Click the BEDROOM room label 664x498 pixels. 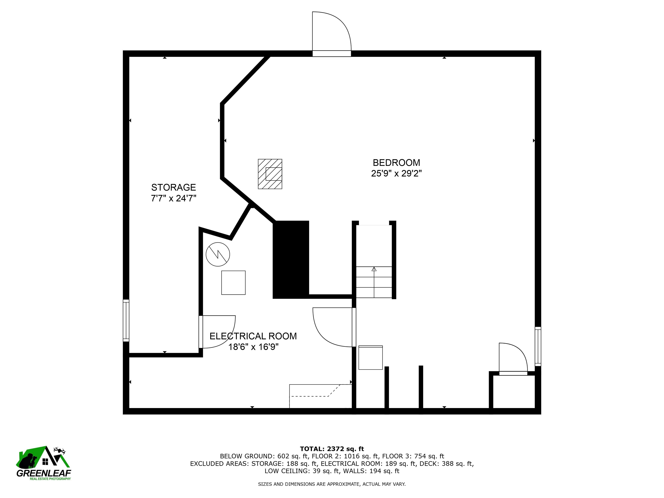[396, 163]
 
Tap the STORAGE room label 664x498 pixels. [174, 187]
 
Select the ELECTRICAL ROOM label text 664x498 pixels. [253, 336]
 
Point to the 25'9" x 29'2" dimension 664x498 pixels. [396, 174]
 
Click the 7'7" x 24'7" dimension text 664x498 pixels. [174, 198]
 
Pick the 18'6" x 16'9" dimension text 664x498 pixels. [253, 347]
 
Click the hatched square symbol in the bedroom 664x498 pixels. [270, 174]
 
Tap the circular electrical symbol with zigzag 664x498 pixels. [218, 254]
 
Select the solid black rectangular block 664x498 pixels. [290, 260]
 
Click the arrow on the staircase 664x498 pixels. [374, 269]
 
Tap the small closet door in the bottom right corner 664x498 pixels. [513, 359]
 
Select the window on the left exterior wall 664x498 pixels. [126, 320]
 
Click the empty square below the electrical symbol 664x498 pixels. [233, 283]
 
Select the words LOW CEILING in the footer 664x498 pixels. [286, 471]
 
